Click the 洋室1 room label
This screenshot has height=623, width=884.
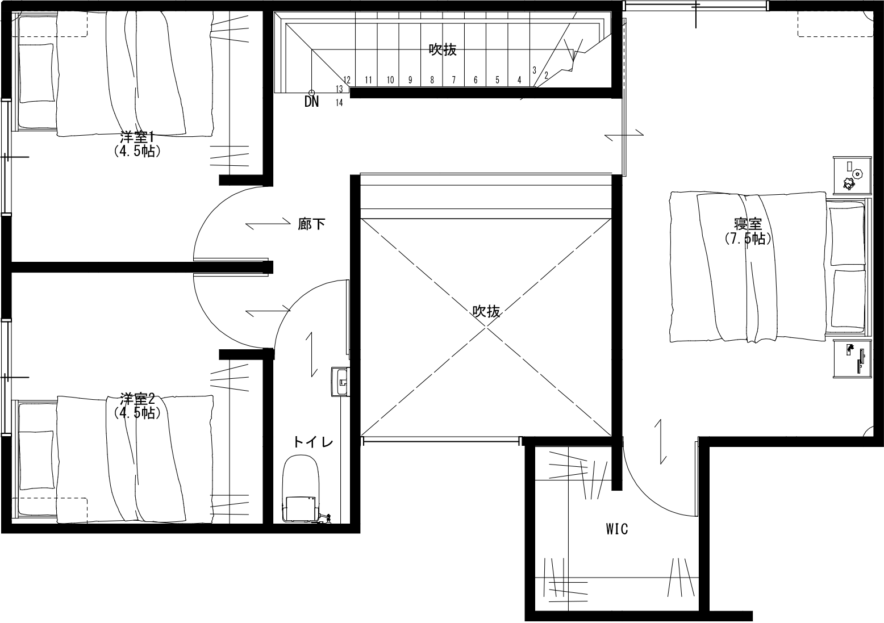coord(136,137)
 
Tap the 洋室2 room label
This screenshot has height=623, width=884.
coord(137,399)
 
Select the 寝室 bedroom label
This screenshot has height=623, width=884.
coord(748,224)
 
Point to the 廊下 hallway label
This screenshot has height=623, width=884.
coord(311,224)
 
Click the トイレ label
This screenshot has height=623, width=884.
coord(313,442)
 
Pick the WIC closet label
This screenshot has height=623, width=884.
coord(617,529)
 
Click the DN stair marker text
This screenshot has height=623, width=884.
coord(311,102)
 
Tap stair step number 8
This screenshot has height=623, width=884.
coord(432,80)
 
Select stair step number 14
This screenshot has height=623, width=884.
coord(339,103)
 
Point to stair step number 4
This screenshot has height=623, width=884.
coord(519,80)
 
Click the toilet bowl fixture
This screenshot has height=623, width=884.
coord(301,489)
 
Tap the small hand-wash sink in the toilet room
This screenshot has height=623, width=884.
coord(339,381)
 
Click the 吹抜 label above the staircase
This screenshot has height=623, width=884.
coord(443,50)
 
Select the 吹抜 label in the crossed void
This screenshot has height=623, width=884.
coord(486,312)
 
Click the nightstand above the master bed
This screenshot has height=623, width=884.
coord(852,175)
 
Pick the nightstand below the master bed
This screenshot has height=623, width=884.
coord(852,359)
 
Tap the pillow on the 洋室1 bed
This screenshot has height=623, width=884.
coord(36,73)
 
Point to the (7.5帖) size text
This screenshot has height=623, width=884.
coord(748,239)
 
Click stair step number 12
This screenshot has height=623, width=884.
coord(347,80)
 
